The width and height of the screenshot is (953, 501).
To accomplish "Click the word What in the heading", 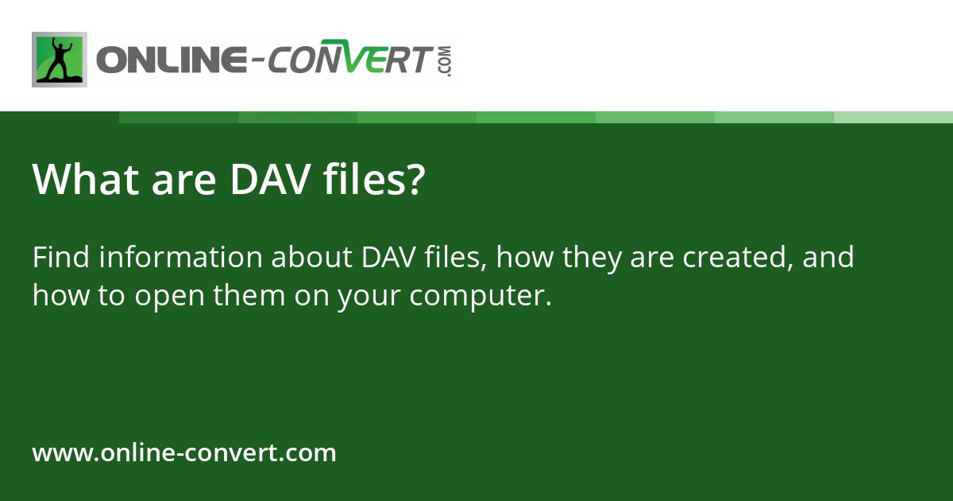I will (x=79, y=180).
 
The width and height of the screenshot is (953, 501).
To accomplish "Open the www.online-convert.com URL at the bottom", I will (x=184, y=453).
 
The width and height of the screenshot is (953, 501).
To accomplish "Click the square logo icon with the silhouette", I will (x=60, y=60).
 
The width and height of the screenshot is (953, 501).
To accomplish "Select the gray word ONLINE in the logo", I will (x=167, y=60).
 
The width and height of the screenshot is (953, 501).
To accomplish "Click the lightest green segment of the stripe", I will (x=893, y=117).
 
